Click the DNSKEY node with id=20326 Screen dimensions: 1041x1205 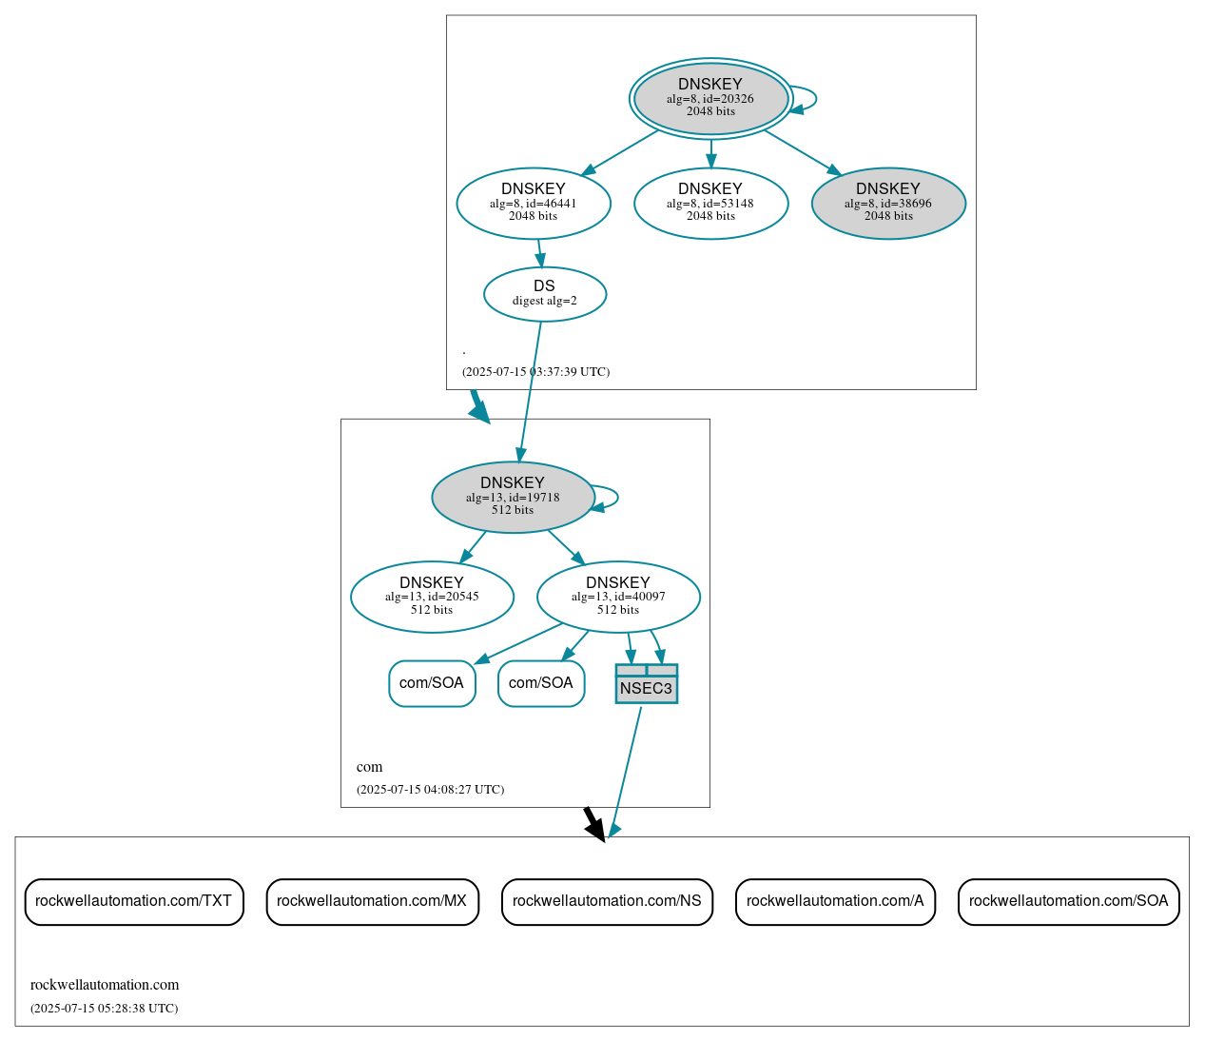(x=710, y=98)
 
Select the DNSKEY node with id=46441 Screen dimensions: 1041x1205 (x=534, y=203)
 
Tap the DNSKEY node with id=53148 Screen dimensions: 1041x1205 (x=710, y=203)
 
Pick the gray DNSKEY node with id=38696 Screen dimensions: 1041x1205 (x=888, y=203)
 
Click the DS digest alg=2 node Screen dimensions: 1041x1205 (x=544, y=293)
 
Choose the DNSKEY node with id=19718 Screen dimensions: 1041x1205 (x=513, y=497)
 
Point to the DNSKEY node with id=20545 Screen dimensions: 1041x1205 (x=432, y=597)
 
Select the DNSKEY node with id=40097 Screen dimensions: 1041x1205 (x=618, y=597)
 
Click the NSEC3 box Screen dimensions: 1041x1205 (x=646, y=684)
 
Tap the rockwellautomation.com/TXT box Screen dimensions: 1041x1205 (x=134, y=901)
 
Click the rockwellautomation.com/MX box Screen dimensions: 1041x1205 (x=372, y=901)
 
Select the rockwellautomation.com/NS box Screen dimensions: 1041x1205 (x=607, y=901)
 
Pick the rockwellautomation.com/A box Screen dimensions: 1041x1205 (x=835, y=901)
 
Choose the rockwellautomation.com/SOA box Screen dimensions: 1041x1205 (x=1068, y=901)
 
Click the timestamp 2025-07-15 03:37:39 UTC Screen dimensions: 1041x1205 (x=535, y=371)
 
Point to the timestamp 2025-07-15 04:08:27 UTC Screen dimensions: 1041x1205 (x=430, y=789)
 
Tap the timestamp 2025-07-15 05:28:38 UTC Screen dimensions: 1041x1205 (x=104, y=1008)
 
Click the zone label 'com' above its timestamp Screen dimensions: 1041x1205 (x=369, y=767)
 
